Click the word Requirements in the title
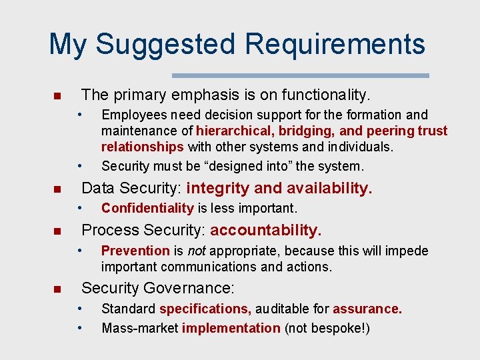pos(335,45)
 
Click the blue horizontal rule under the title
pos(301,75)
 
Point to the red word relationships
pos(143,146)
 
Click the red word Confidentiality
pos(147,209)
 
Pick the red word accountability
pos(266,231)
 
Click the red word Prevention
pos(135,251)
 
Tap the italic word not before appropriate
pos(195,251)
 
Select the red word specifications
pos(205,309)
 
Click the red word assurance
pos(367,309)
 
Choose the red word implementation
pos(231,328)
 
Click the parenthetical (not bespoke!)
pos(327,328)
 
